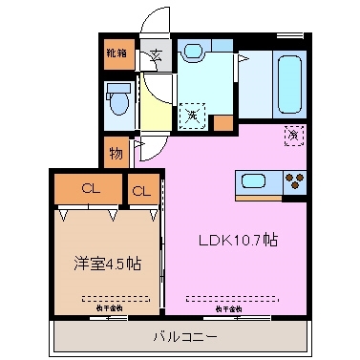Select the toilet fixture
119,99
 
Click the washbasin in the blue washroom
195,53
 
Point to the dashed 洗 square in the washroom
193,115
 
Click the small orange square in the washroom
222,121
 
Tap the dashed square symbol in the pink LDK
294,136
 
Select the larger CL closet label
91,189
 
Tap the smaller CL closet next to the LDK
141,192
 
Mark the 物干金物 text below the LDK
225,308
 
